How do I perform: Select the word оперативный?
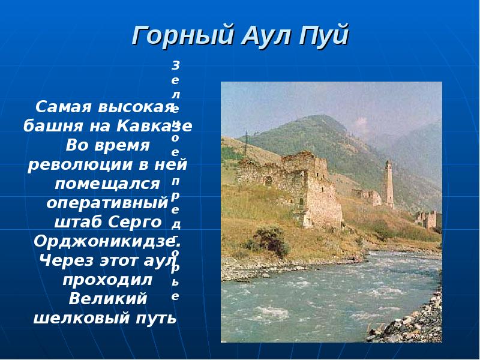[106, 203]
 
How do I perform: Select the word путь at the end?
[156, 317]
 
